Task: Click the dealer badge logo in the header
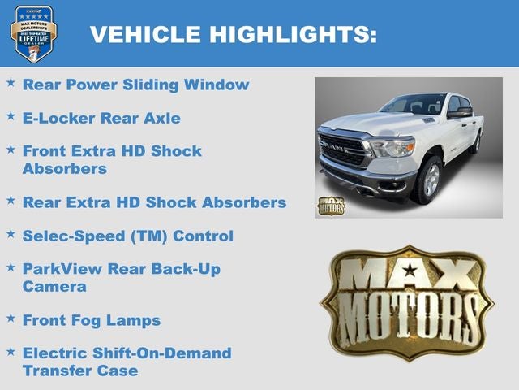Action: (33, 33)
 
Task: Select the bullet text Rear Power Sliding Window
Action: (135, 84)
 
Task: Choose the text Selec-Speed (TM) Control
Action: (127, 236)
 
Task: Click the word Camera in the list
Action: (54, 287)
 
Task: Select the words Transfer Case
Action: (80, 370)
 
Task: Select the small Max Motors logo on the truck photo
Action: (330, 205)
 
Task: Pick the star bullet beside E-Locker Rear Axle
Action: (11, 116)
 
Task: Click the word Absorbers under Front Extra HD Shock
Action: (64, 169)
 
